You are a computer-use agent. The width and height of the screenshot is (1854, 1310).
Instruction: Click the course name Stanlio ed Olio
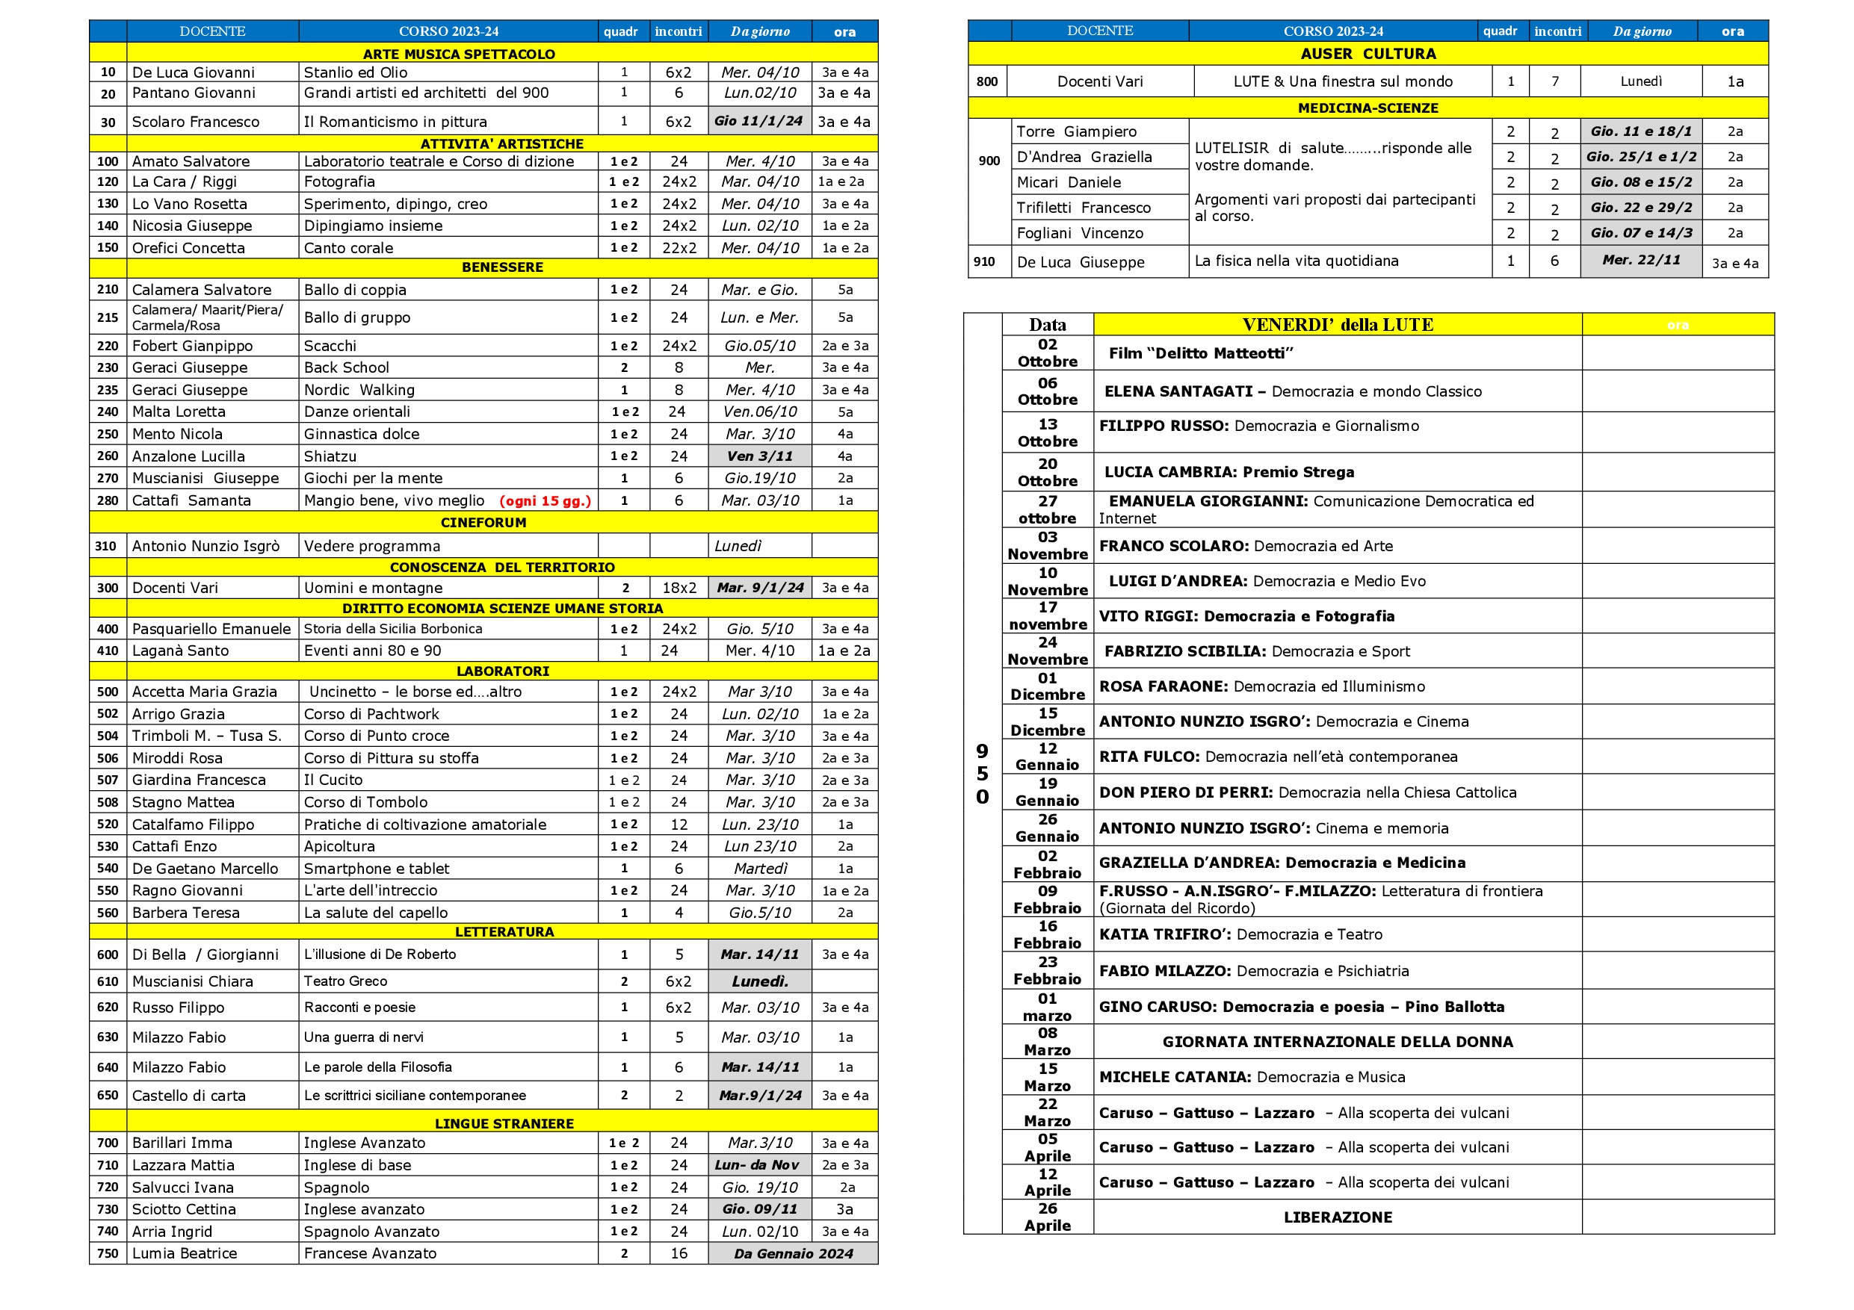pyautogui.click(x=355, y=72)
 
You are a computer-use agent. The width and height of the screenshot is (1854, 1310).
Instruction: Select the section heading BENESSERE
pyautogui.click(x=501, y=267)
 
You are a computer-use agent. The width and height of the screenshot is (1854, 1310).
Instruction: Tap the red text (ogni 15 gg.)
pyautogui.click(x=545, y=501)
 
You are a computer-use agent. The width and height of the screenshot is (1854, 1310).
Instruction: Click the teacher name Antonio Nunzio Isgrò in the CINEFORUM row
pyautogui.click(x=206, y=547)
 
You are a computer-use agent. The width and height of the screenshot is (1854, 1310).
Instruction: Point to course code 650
pyautogui.click(x=108, y=1096)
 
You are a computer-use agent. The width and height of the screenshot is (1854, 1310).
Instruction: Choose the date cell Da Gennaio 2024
pyautogui.click(x=793, y=1253)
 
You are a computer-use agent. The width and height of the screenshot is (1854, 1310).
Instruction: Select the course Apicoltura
pyautogui.click(x=339, y=847)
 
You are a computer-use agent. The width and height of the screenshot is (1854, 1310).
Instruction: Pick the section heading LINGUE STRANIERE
pyautogui.click(x=504, y=1123)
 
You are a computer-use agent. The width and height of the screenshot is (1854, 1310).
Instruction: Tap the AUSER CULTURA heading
pyautogui.click(x=1368, y=54)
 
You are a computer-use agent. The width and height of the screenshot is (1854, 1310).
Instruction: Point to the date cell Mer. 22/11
pyautogui.click(x=1641, y=260)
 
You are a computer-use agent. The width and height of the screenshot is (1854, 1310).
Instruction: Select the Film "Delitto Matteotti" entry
pyautogui.click(x=1201, y=353)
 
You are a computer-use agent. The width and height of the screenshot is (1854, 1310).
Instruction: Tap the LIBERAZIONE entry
pyautogui.click(x=1337, y=1217)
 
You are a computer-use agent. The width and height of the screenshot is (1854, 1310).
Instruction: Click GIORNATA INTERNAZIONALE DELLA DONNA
pyautogui.click(x=1337, y=1042)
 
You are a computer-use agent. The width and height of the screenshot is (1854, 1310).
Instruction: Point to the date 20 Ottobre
pyautogui.click(x=1048, y=472)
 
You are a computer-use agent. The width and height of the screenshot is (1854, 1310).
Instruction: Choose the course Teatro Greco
pyautogui.click(x=345, y=981)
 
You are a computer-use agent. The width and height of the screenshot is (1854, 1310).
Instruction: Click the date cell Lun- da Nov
pyautogui.click(x=756, y=1164)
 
